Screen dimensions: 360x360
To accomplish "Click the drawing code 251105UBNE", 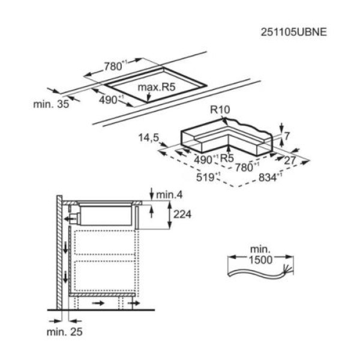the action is tap(293, 32).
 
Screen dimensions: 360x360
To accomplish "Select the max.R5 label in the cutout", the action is tap(157, 87).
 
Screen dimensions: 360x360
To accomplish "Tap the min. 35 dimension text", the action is tap(51, 104).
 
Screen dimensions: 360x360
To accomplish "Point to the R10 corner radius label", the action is tap(220, 110).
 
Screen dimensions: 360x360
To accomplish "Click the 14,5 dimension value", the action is tap(149, 138).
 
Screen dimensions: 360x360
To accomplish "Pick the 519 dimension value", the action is tap(205, 177).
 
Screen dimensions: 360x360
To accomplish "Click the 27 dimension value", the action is tap(290, 160).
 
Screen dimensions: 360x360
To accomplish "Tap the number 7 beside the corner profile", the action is tap(287, 136).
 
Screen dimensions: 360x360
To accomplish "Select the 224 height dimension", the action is tap(182, 214).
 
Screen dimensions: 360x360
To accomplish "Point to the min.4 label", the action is tap(169, 195).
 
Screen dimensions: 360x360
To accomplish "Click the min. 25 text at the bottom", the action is tap(65, 332).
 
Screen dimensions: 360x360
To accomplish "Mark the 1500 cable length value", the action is tap(261, 260).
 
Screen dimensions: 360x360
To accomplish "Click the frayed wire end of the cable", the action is tap(288, 269).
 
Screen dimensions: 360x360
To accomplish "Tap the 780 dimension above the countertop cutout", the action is tap(113, 67).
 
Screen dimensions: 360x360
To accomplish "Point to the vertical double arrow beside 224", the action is tap(169, 215).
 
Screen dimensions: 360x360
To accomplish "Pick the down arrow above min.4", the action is tap(151, 194).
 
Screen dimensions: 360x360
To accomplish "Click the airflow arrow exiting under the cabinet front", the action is tap(134, 303).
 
